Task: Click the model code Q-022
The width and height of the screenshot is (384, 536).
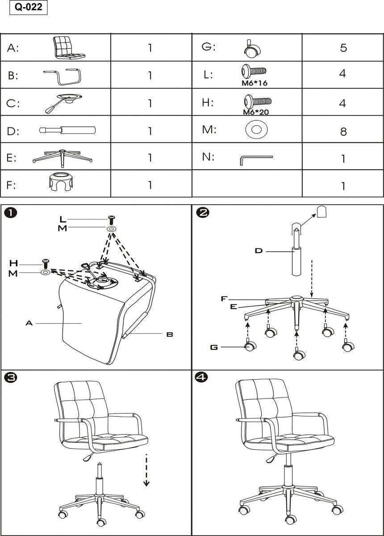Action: tap(28, 8)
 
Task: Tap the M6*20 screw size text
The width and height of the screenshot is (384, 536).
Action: tap(255, 112)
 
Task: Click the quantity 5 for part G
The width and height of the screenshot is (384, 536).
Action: tap(343, 48)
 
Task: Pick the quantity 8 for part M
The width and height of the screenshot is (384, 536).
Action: tap(343, 131)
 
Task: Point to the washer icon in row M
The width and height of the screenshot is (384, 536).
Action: tap(256, 130)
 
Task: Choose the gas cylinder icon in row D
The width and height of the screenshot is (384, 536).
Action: tap(67, 131)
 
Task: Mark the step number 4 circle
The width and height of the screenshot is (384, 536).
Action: tap(202, 378)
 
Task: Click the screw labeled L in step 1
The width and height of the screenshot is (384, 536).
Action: tap(112, 220)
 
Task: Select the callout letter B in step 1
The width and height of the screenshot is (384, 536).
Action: tap(170, 334)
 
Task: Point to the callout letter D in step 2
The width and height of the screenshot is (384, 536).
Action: tap(259, 251)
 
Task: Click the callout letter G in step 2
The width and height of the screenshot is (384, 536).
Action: tap(214, 347)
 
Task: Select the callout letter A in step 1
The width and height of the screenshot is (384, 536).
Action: tap(29, 322)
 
